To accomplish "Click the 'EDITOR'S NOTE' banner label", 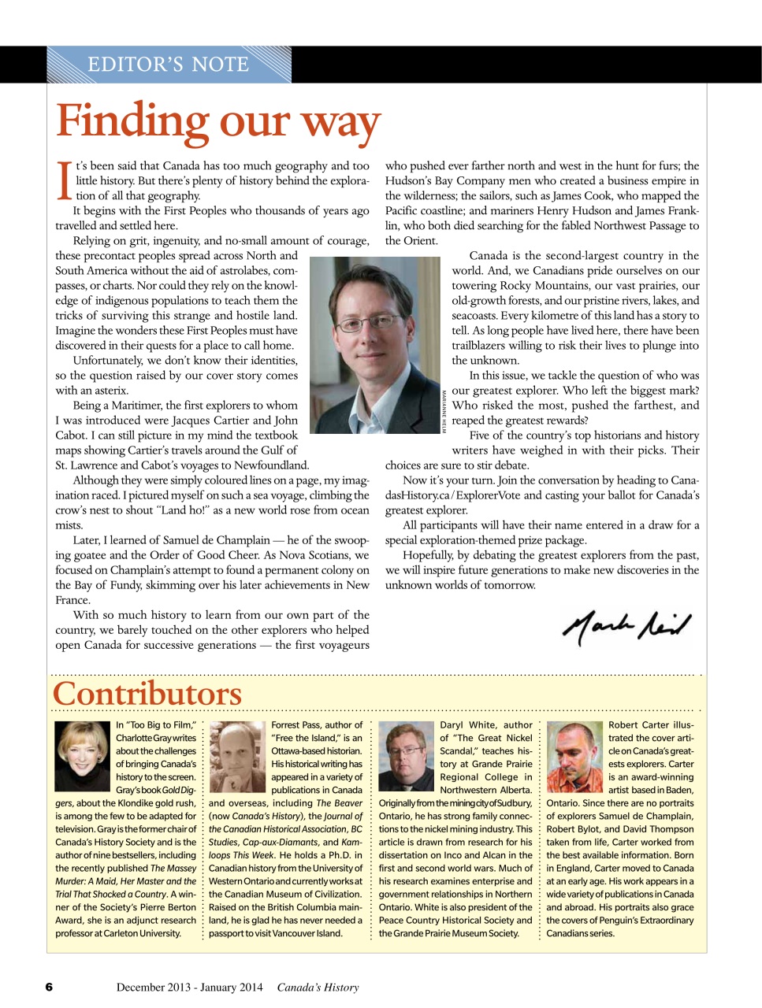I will point(168,64).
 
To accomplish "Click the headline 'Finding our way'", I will point(218,122).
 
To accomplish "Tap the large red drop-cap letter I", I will point(65,181).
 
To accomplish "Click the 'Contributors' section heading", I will point(147,694).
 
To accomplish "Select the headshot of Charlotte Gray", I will point(82,756).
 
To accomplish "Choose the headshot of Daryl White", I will point(406,756).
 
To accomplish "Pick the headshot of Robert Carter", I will point(574,756).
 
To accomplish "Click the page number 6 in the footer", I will point(49,987).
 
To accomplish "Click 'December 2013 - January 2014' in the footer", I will point(190,987).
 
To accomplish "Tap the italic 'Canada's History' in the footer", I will point(318,987).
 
